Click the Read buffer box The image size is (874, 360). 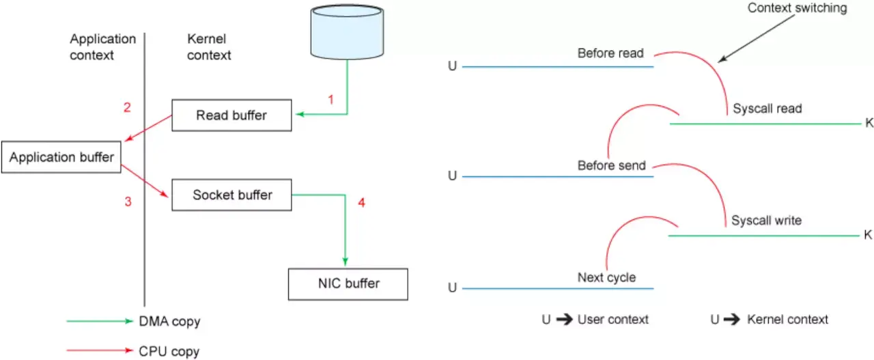tap(231, 115)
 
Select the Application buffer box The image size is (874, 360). tap(61, 157)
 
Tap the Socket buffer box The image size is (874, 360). tap(232, 195)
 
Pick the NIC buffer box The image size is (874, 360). tap(348, 283)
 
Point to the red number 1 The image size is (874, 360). tap(331, 99)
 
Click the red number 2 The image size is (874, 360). tap(127, 107)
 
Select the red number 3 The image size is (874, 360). tap(127, 202)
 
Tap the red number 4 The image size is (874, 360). tap(361, 202)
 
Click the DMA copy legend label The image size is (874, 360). tap(169, 321)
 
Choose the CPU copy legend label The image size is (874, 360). tap(169, 351)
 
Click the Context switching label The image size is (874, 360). tap(797, 8)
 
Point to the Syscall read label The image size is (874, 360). tap(767, 109)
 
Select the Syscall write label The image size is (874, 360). tap(766, 221)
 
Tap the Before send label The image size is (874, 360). tap(611, 165)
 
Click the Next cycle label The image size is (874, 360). tap(606, 277)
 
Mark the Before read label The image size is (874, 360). tap(610, 53)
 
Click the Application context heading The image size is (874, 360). tap(102, 47)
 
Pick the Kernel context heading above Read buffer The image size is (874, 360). tap(209, 47)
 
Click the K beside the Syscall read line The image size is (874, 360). tap(869, 124)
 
